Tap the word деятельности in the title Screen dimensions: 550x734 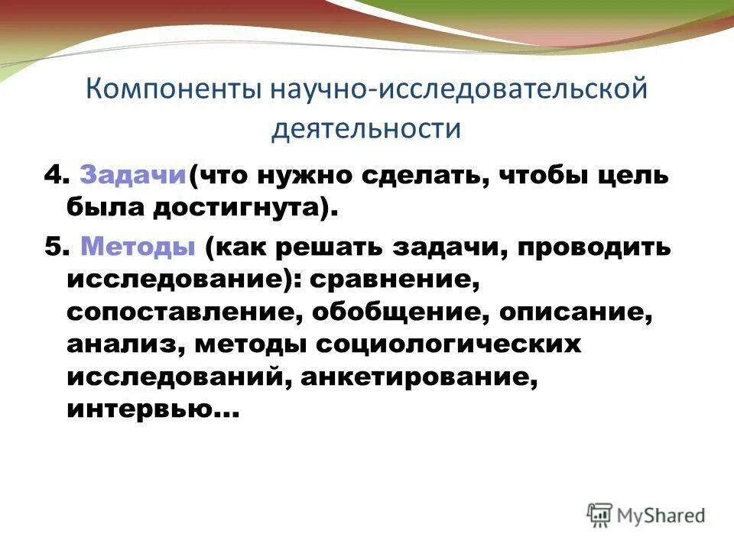(x=367, y=128)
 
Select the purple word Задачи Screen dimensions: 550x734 (x=133, y=175)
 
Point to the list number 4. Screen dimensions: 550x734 (x=50, y=175)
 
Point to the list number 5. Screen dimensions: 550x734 (x=50, y=248)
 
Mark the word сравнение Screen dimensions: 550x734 (x=394, y=280)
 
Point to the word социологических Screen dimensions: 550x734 (x=450, y=346)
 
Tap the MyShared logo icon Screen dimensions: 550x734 (x=600, y=515)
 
